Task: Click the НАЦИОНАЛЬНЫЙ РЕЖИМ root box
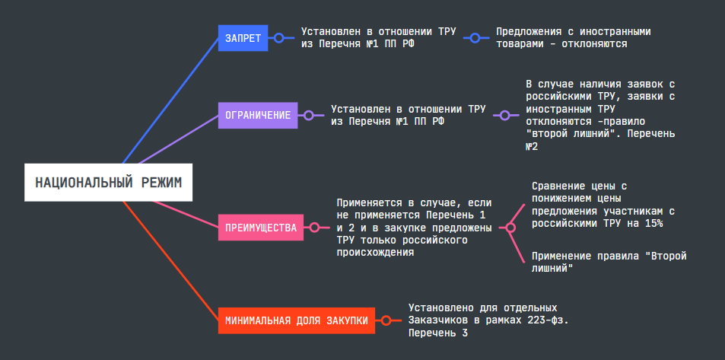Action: pyautogui.click(x=109, y=182)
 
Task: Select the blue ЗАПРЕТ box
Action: pyautogui.click(x=243, y=37)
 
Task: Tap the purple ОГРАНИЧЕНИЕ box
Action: pyautogui.click(x=258, y=116)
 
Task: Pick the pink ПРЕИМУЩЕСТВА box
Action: pyautogui.click(x=261, y=227)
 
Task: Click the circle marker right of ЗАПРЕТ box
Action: pyautogui.click(x=278, y=37)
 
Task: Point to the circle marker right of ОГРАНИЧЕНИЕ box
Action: pyautogui.click(x=308, y=116)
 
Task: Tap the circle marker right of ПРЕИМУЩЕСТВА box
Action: pyautogui.click(x=313, y=227)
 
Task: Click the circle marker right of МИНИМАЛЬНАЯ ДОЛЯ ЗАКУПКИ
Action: pyautogui.click(x=386, y=320)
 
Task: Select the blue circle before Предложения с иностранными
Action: pyautogui.click(x=475, y=37)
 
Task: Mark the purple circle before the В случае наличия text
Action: pyautogui.click(x=504, y=116)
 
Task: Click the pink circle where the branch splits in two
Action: pyautogui.click(x=511, y=227)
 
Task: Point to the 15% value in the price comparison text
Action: pyautogui.click(x=653, y=224)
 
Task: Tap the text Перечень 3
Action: pyautogui.click(x=438, y=333)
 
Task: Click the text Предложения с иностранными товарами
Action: pyautogui.click(x=573, y=38)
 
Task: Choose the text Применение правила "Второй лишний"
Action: pyautogui.click(x=609, y=262)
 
